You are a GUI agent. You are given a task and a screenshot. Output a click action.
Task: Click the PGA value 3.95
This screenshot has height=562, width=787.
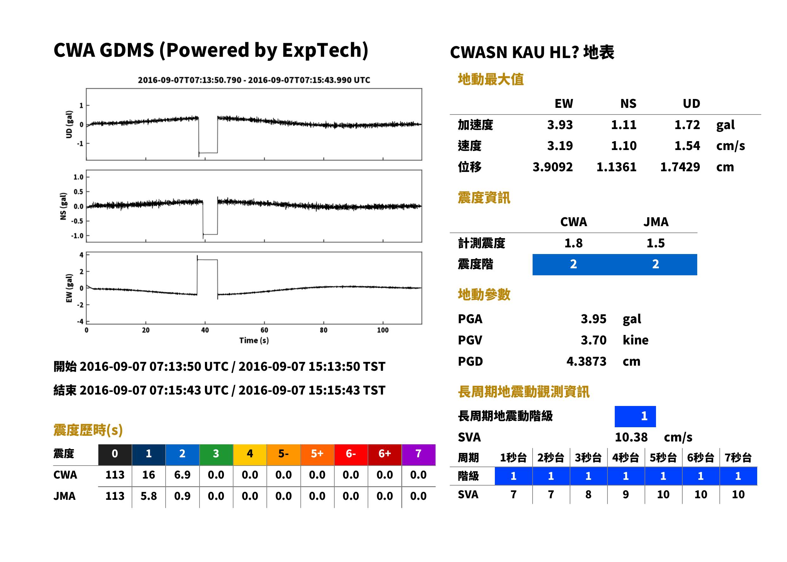point(593,319)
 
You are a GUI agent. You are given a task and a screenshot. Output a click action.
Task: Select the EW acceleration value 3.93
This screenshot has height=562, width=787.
point(560,125)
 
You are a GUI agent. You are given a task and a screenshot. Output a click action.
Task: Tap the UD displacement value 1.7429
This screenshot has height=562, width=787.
point(680,167)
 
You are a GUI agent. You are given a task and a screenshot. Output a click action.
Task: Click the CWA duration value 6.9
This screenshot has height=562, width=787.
point(182,475)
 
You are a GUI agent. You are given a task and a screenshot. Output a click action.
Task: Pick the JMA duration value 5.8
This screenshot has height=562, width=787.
point(148,496)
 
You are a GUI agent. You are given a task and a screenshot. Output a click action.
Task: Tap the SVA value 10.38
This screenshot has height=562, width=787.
point(631,437)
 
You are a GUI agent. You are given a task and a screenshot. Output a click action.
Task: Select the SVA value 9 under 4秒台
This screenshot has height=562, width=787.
point(626,494)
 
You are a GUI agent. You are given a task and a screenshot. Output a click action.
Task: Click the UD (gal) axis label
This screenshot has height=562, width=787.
point(69,124)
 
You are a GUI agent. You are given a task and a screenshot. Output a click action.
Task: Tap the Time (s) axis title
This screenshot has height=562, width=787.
point(254,341)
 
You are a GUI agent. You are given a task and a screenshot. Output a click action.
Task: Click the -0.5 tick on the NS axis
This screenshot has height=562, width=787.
point(77,221)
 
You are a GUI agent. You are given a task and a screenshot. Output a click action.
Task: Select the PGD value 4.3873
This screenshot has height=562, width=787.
point(586,361)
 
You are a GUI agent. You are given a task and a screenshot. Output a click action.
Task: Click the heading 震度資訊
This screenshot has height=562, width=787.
point(484,198)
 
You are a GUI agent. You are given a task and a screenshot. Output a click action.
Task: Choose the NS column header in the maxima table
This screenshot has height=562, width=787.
point(628,103)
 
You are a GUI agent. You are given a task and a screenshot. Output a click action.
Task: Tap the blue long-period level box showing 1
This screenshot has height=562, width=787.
point(635,416)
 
